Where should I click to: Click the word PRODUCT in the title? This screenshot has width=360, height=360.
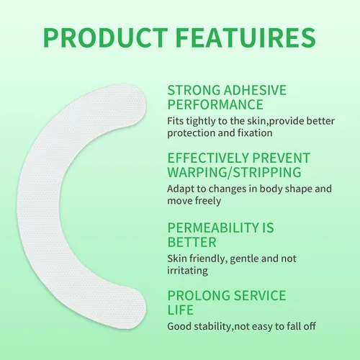[106, 38]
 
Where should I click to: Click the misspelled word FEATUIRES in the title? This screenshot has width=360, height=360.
[246, 38]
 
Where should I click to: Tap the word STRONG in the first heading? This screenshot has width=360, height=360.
[194, 90]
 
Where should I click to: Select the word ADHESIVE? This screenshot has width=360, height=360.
[255, 90]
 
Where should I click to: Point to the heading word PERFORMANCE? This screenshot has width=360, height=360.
[215, 104]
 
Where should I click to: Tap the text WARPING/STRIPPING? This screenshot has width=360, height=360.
[234, 172]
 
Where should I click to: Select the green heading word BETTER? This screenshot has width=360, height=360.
[192, 242]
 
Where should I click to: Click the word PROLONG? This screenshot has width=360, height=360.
[199, 295]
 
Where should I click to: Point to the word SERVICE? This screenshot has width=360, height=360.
[260, 295]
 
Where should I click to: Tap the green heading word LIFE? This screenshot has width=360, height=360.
[181, 310]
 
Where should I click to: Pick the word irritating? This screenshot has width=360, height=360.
[187, 271]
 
